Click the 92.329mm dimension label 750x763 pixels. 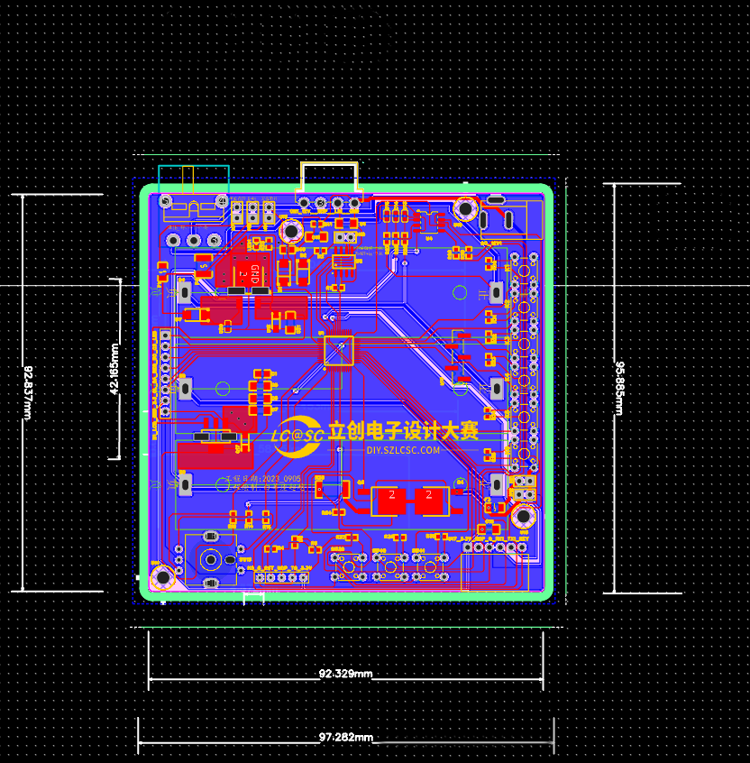pos(345,674)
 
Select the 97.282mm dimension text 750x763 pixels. pos(345,738)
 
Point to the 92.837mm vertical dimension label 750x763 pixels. pos(27,392)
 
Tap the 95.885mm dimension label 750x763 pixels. pos(619,388)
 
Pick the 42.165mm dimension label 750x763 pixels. pos(114,369)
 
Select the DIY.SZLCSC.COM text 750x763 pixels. pos(403,450)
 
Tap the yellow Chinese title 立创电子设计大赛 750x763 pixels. pos(403,431)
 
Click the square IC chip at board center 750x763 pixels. pos(339,352)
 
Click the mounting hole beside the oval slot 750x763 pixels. pos(465,209)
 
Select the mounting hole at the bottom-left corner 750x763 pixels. pos(163,577)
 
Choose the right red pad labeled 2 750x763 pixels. pos(432,500)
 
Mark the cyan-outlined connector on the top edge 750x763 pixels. pos(193,180)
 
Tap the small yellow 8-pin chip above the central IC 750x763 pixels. pos(343,262)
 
